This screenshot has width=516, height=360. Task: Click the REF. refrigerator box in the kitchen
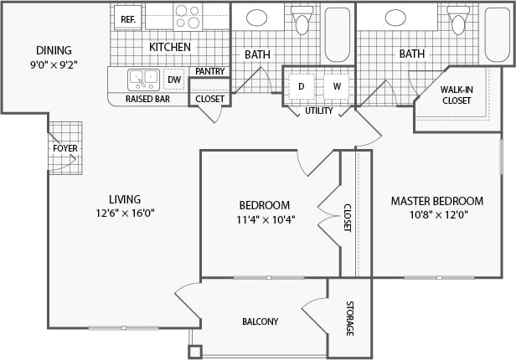(127, 18)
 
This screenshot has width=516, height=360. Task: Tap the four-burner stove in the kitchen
(188, 17)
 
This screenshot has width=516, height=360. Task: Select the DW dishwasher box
(174, 80)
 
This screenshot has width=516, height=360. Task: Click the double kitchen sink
(143, 80)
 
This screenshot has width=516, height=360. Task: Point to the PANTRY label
(209, 72)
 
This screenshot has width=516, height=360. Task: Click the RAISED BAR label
(148, 99)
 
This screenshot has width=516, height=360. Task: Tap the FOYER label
(65, 148)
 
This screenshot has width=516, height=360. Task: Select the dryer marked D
(301, 85)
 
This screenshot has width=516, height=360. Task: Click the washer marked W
(337, 85)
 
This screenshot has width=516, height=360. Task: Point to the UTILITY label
(318, 111)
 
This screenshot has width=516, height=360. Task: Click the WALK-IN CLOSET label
(456, 95)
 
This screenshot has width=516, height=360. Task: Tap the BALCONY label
(260, 321)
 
